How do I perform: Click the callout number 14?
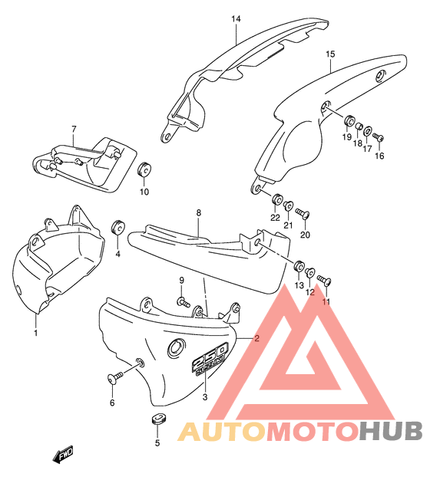[236, 19]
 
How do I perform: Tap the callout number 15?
[330, 54]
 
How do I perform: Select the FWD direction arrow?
[63, 454]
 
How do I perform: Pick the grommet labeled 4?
[117, 226]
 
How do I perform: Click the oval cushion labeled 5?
[159, 419]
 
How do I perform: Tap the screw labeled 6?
[115, 377]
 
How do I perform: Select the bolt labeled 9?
[184, 302]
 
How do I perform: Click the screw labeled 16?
[379, 136]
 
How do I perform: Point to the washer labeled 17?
[368, 131]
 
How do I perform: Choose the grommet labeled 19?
[349, 121]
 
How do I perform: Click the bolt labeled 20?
[303, 212]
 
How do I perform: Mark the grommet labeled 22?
[277, 199]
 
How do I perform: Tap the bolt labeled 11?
[324, 280]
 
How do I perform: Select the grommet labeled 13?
[299, 265]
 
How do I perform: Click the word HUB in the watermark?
[391, 431]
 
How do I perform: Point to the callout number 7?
[74, 129]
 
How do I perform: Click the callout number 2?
[256, 338]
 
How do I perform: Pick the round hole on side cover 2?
[176, 348]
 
